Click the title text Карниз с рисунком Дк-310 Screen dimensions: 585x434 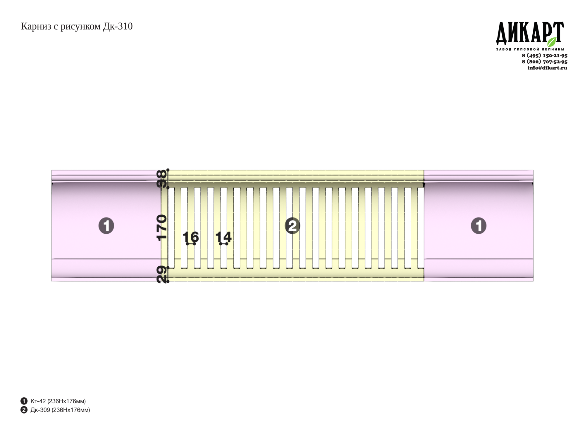[77, 27]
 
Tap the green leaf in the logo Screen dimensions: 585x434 [552, 42]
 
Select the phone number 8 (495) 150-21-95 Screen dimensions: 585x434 [545, 55]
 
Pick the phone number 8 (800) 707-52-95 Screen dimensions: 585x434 [545, 62]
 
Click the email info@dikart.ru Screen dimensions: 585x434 [547, 68]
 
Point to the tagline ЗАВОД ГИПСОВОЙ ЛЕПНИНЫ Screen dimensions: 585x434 [530, 49]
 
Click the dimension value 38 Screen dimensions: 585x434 [162, 179]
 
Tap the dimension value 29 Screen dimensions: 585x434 [162, 275]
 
